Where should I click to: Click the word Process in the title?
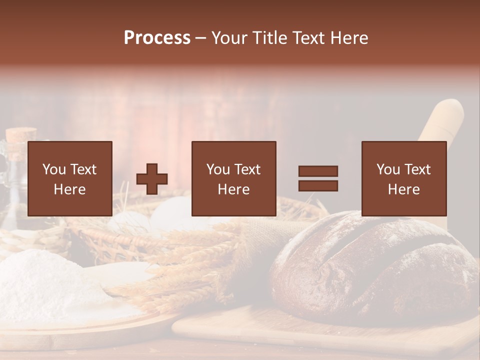point(157,38)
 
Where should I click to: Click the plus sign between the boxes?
point(152,179)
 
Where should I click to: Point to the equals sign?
point(318,178)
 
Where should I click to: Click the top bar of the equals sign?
point(318,171)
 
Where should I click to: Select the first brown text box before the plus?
point(70,178)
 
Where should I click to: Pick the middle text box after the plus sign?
point(233,178)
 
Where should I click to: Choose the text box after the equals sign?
point(404,178)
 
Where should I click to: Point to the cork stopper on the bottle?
point(21,135)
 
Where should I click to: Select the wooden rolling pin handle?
point(442,120)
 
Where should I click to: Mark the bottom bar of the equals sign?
point(318,186)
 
